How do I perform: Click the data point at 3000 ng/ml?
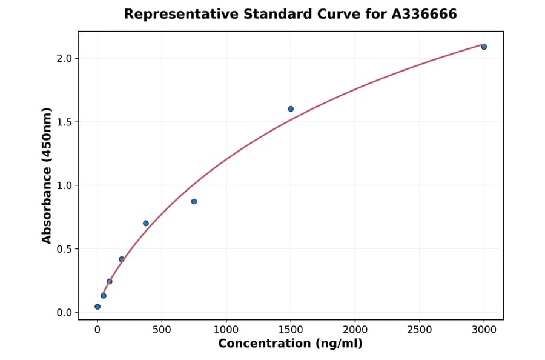[x=484, y=47]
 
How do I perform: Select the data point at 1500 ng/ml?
[x=291, y=109]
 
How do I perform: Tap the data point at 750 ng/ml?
[x=194, y=201]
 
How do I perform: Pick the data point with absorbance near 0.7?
[x=146, y=223]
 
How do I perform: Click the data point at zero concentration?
[x=97, y=307]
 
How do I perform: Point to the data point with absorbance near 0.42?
[x=122, y=259]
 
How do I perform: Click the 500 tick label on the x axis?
[x=162, y=330]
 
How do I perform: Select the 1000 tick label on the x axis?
[x=226, y=330]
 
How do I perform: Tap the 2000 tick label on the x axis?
[x=355, y=330]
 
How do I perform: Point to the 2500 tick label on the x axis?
[x=419, y=330]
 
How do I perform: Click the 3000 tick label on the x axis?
[x=484, y=330]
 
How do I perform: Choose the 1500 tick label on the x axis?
[x=291, y=330]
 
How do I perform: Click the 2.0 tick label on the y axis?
[x=64, y=58]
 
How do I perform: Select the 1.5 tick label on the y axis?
[x=64, y=122]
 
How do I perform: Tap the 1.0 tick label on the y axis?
[x=64, y=185]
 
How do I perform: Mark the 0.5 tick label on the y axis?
[x=64, y=249]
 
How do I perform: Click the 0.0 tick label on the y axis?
[x=64, y=313]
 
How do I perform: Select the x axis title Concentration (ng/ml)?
[x=290, y=344]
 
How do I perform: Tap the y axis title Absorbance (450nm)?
[x=47, y=175]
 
